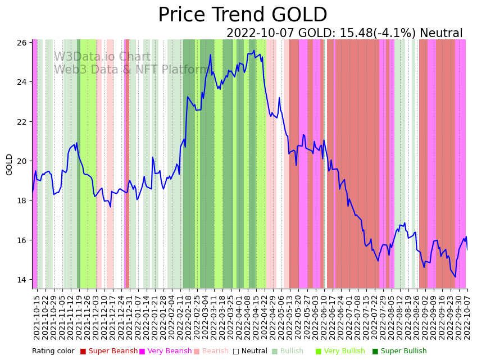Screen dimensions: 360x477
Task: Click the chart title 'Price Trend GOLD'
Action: [x=242, y=15]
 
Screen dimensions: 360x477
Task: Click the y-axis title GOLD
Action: [x=10, y=165]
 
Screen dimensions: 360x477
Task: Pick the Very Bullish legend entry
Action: [x=344, y=352]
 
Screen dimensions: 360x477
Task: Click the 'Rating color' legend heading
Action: [x=53, y=352]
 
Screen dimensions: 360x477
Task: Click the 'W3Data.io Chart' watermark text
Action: [x=102, y=57]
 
